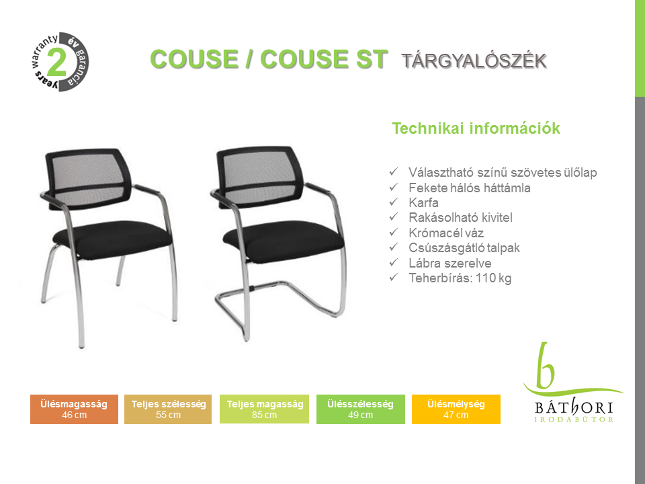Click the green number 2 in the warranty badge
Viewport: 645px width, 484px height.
click(56, 62)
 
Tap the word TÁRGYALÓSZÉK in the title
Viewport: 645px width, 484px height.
click(474, 61)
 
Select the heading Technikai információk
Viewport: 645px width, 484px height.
click(476, 128)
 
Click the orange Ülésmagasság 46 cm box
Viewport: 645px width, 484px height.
click(74, 409)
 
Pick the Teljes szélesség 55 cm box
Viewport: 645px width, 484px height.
click(168, 409)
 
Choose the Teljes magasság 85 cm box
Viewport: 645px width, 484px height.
click(264, 409)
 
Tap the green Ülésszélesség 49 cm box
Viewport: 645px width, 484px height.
click(360, 409)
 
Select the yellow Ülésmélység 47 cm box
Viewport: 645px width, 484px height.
click(456, 409)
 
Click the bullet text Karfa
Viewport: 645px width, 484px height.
click(423, 202)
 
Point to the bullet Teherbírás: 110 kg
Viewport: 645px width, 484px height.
click(460, 278)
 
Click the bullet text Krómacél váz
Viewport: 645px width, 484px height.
click(446, 233)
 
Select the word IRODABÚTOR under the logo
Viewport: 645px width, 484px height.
click(573, 419)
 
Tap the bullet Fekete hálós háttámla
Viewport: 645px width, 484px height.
click(470, 188)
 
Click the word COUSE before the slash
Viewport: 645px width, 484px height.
click(193, 59)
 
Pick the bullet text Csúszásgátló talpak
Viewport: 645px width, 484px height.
click(464, 248)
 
